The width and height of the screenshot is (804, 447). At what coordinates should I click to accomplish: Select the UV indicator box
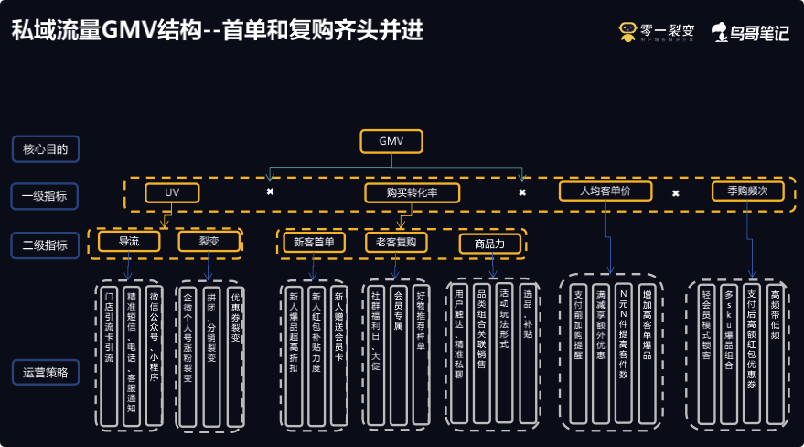coord(172,193)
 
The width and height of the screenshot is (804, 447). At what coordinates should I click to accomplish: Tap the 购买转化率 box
coord(411,193)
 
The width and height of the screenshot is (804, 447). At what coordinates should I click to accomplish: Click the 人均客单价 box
coord(606,191)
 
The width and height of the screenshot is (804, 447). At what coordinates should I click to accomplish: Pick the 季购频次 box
coord(747,191)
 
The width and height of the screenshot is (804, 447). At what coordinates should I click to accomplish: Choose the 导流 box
coord(129,242)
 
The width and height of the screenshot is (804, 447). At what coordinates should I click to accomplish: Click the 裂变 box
coord(209,242)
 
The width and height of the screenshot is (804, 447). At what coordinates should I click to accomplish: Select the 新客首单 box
coord(314,243)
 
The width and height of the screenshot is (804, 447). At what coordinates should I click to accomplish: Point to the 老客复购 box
coord(395,243)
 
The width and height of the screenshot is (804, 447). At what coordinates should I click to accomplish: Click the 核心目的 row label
coord(45,147)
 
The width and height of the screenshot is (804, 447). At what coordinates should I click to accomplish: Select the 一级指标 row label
coord(45,196)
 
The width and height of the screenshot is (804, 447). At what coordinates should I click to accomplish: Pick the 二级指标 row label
coord(45,245)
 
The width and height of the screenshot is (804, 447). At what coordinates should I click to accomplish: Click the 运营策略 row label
coord(45,373)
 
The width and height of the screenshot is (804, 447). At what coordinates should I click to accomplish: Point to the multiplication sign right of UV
coord(270,191)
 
